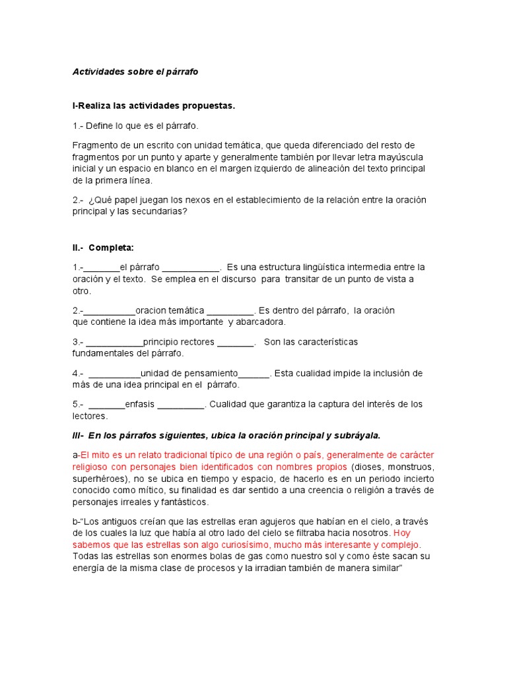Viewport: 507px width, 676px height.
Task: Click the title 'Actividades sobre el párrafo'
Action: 135,72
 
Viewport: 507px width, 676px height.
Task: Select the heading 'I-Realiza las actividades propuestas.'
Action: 153,106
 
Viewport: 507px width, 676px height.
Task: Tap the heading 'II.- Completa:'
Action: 103,248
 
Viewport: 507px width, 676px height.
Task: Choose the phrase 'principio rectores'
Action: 179,342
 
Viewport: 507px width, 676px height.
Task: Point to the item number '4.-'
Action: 78,373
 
